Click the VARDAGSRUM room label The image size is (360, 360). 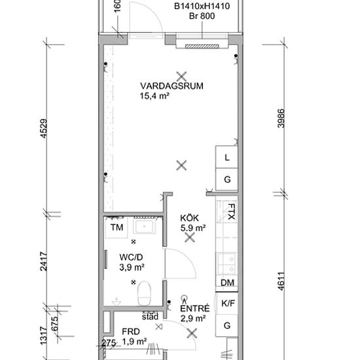click(171, 86)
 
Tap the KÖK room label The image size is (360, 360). click(189, 218)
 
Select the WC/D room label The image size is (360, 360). click(131, 257)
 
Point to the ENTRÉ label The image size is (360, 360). click(195, 308)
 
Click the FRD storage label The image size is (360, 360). click(131, 332)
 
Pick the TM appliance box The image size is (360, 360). click(117, 227)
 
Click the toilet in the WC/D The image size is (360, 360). click(144, 293)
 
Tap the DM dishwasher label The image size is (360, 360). click(227, 283)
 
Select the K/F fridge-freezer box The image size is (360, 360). click(227, 303)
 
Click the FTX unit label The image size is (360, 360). click(231, 211)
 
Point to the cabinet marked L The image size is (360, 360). click(227, 157)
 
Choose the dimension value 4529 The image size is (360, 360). click(44, 128)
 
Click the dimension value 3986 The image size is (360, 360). click(281, 118)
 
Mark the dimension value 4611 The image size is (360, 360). click(281, 281)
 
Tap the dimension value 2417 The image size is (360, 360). click(44, 262)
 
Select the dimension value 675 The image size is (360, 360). click(54, 324)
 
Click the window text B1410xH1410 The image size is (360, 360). click(202, 6)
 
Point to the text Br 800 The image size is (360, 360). click(202, 16)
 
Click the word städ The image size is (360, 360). click(150, 317)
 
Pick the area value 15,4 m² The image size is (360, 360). click(154, 96)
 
